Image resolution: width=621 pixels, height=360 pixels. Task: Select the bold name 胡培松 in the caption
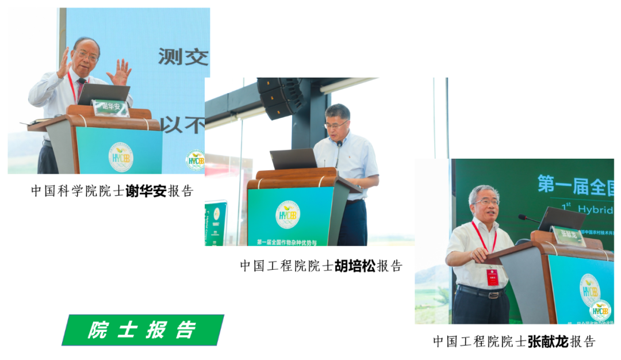(355, 266)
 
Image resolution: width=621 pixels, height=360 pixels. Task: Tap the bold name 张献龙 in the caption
(548, 342)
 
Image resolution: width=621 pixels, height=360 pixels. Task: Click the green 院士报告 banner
(143, 330)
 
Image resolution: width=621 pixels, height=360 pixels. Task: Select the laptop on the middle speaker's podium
(293, 159)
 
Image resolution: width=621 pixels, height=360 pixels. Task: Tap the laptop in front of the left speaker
(104, 94)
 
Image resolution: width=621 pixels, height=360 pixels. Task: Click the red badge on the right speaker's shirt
(493, 277)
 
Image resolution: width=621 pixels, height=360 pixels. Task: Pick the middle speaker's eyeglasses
(336, 124)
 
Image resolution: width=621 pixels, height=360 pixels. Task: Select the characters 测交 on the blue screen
(183, 56)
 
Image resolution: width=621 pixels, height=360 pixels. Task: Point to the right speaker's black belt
(481, 292)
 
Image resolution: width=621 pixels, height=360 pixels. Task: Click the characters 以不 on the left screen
(182, 124)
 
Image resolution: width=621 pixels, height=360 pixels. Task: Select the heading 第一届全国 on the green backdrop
(575, 185)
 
